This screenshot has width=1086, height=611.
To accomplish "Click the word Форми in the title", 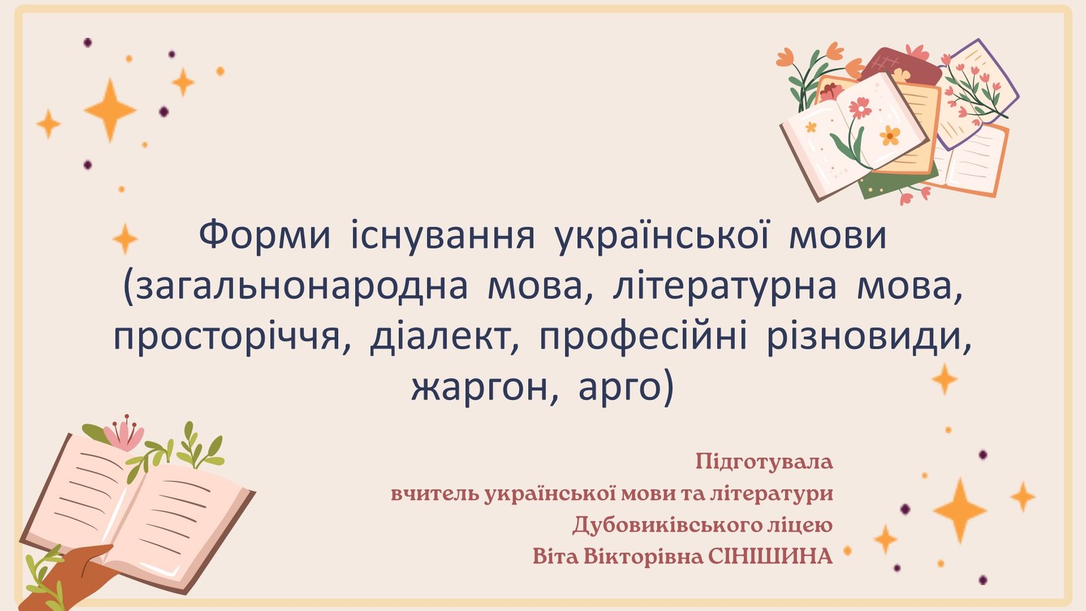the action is tap(265, 236).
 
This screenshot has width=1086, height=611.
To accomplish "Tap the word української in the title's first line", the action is tap(662, 236).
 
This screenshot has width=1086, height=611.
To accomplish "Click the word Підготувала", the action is tap(764, 461).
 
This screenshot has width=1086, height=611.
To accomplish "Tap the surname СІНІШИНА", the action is tap(770, 557).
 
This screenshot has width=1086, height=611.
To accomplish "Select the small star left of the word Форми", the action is tap(125, 238).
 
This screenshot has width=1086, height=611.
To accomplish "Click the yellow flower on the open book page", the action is tap(890, 135).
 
